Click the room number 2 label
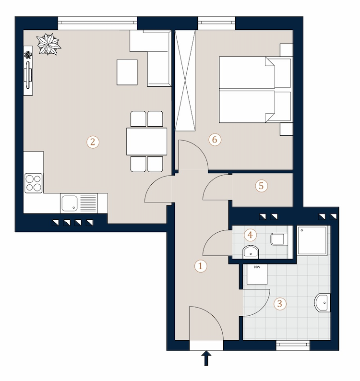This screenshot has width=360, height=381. click(93, 142)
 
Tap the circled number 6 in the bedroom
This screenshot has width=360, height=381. click(215, 140)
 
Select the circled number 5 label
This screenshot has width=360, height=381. click(261, 186)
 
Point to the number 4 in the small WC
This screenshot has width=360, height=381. click(250, 235)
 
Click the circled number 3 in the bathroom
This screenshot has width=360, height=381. click(280, 303)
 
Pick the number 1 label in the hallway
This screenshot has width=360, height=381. click(201, 266)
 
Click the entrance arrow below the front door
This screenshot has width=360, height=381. click(206, 358)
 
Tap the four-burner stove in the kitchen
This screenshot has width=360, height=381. click(34, 183)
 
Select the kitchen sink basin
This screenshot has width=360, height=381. click(70, 203)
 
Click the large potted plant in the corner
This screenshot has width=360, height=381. click(48, 44)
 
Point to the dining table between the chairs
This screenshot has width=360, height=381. click(146, 141)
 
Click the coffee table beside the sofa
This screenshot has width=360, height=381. click(127, 72)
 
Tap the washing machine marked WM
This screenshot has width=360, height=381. click(257, 274)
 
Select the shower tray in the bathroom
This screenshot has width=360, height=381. click(312, 240)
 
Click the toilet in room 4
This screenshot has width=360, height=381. click(279, 239)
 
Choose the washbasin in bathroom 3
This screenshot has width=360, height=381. click(323, 302)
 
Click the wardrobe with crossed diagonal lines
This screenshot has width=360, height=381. click(185, 81)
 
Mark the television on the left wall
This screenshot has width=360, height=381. click(28, 74)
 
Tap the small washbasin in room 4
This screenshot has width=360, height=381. click(251, 252)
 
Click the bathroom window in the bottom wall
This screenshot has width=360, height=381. click(293, 345)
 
